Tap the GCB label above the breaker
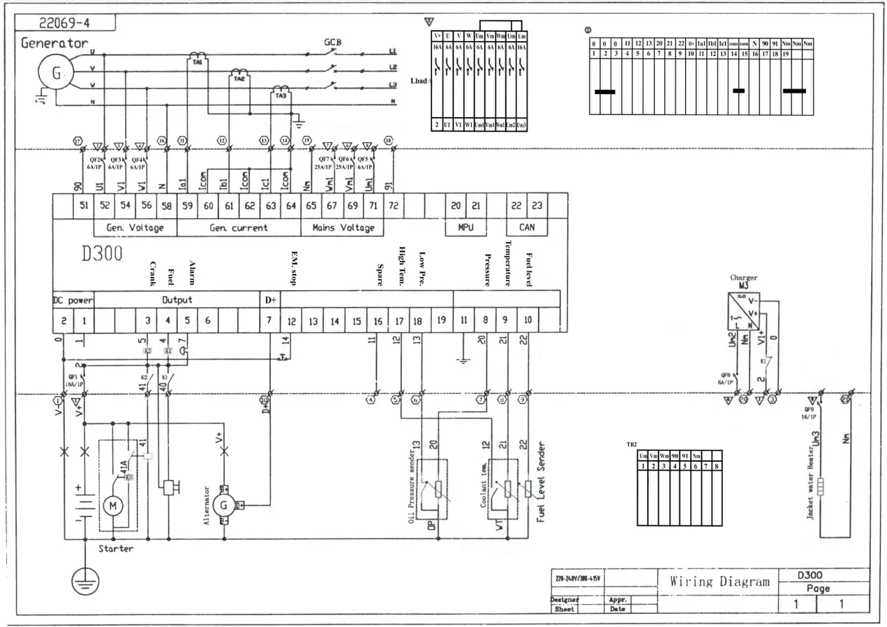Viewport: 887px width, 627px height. click(x=332, y=42)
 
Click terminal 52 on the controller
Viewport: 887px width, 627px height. click(x=105, y=205)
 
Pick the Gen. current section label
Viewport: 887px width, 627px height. click(x=239, y=227)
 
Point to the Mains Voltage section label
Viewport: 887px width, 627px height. click(x=343, y=227)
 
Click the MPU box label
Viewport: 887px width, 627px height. click(x=465, y=227)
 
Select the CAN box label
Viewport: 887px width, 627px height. click(x=527, y=227)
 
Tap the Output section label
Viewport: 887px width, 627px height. click(x=177, y=300)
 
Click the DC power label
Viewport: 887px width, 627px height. click(x=73, y=300)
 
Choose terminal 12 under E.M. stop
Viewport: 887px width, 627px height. click(x=292, y=321)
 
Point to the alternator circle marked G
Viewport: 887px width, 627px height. click(x=224, y=505)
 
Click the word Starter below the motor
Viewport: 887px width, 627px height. click(x=116, y=548)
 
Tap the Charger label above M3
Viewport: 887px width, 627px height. click(x=744, y=278)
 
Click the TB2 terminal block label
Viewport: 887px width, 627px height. click(x=632, y=444)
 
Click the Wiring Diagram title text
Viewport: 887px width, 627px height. click(x=720, y=581)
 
